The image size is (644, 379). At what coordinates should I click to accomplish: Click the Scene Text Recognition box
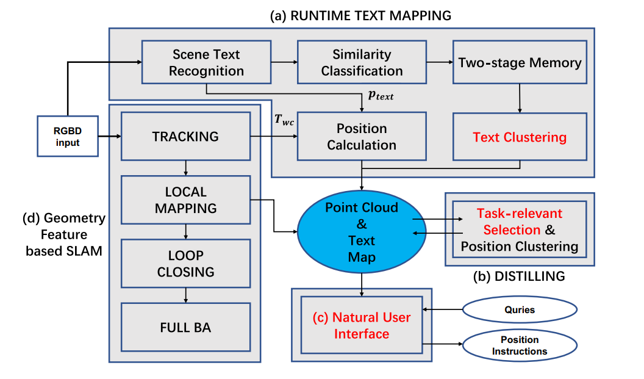[206, 62]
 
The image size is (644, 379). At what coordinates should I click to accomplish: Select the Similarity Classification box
[362, 62]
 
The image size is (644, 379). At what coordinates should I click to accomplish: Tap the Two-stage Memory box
[520, 62]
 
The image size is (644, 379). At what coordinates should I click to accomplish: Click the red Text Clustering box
[520, 137]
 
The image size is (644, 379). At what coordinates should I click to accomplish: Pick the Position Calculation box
[362, 137]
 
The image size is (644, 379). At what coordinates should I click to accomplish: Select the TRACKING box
[185, 137]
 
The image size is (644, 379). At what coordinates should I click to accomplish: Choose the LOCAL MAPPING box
[185, 200]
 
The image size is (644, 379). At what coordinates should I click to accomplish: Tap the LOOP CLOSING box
[185, 263]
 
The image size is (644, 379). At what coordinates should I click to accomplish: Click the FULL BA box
[185, 327]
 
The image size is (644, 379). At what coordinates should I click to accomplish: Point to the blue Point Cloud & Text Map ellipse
[362, 232]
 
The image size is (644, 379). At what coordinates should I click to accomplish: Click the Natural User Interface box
[362, 325]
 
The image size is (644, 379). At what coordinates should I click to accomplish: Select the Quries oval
[519, 309]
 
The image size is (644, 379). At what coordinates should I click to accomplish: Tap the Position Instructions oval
[519, 346]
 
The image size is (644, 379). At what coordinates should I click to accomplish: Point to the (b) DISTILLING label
[519, 276]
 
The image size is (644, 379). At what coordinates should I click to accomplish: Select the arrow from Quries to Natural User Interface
[442, 309]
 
